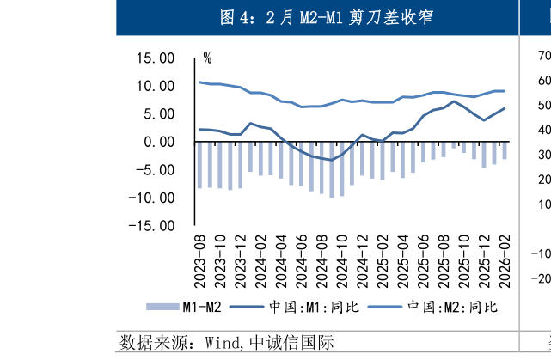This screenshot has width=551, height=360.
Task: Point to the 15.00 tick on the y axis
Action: click(156, 58)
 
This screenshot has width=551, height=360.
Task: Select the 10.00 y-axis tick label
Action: click(156, 86)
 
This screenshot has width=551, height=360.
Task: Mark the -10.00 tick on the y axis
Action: click(153, 198)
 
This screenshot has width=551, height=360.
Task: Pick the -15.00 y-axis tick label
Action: click(153, 225)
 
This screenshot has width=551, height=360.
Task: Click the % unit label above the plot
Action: click(207, 58)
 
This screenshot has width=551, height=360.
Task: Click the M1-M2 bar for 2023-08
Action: click(200, 165)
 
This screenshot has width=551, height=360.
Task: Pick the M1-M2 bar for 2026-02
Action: click(505, 150)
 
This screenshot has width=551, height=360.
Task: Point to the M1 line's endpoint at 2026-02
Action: click(505, 108)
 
